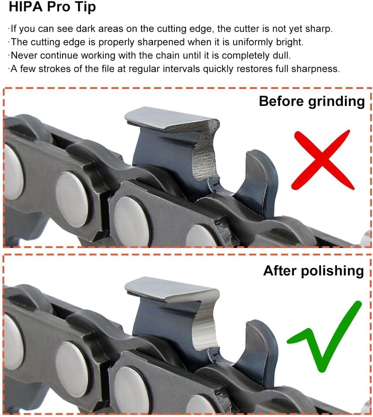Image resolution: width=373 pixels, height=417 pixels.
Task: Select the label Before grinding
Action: [312, 101]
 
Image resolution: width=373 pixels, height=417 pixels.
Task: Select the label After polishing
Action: [313, 270]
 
